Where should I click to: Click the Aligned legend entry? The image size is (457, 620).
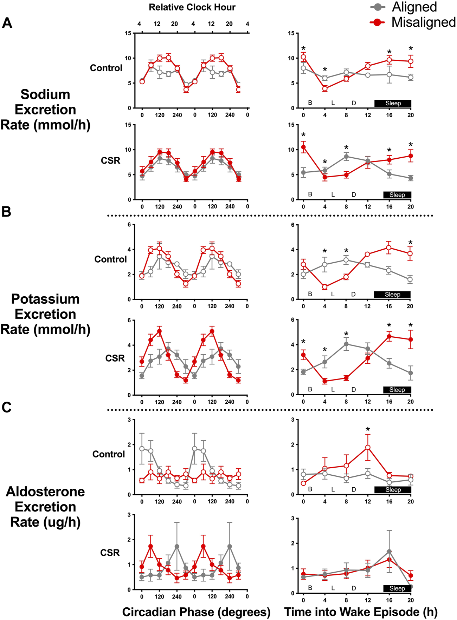click(x=414, y=7)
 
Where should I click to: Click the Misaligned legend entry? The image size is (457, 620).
click(x=423, y=22)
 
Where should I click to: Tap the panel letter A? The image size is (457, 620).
click(x=7, y=23)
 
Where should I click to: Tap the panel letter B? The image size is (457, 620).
click(x=6, y=212)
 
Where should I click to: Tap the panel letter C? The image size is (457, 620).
click(x=6, y=407)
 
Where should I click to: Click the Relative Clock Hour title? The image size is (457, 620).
click(x=192, y=7)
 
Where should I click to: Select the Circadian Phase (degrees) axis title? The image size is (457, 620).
click(x=196, y=612)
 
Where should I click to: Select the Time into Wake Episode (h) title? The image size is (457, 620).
click(x=361, y=612)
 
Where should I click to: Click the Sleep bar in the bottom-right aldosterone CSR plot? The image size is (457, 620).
click(x=397, y=588)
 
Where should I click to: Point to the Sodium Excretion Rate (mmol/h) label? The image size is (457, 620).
click(x=45, y=110)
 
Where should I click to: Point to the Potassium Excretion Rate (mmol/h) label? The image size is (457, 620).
click(x=45, y=314)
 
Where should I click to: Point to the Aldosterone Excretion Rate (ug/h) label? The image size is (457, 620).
click(x=45, y=507)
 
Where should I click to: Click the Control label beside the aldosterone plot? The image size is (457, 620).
click(x=109, y=454)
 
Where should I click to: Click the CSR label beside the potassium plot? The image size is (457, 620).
click(x=115, y=358)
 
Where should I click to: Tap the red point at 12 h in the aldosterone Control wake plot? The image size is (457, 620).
click(x=368, y=448)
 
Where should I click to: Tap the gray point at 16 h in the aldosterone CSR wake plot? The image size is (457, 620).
click(x=389, y=552)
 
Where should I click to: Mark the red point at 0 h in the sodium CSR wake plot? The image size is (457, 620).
click(x=303, y=147)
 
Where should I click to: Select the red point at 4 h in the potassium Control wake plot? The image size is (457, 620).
click(x=324, y=287)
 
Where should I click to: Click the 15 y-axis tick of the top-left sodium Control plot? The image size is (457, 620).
click(x=128, y=33)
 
